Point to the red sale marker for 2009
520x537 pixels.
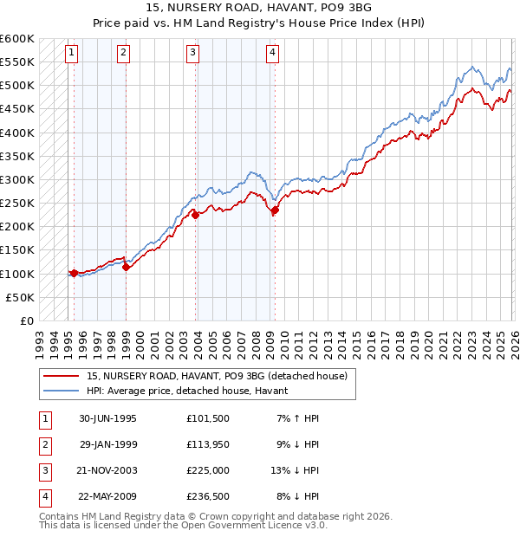[275, 210]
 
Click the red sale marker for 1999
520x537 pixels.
[127, 268]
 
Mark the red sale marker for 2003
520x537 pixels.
[196, 215]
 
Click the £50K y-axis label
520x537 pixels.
[21, 297]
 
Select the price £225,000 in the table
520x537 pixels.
[208, 470]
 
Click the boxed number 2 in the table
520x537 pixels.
[43, 444]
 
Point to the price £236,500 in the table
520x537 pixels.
[208, 496]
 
